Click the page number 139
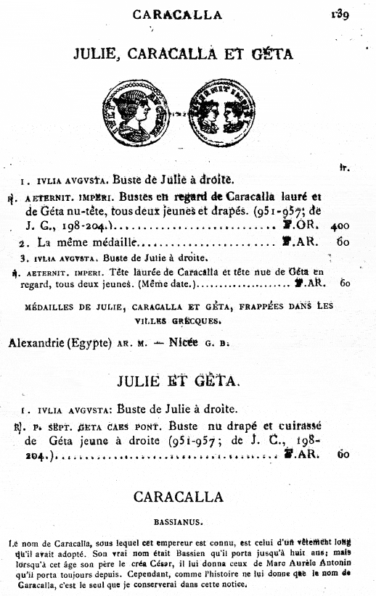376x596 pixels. pyautogui.click(x=339, y=12)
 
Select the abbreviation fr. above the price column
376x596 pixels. pyautogui.click(x=343, y=168)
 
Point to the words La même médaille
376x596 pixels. pyautogui.click(x=73, y=243)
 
